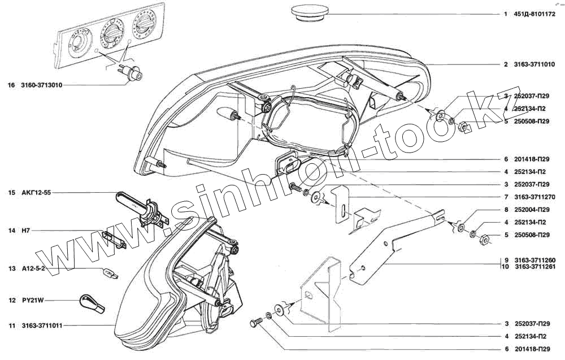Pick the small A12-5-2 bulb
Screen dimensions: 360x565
(108, 274)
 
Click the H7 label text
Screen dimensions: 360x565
(25, 231)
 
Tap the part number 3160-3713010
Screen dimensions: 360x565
(42, 85)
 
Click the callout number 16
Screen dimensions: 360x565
(11, 85)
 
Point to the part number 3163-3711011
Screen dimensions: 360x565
(42, 326)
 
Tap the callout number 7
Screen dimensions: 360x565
(506, 197)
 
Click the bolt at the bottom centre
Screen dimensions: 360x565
(254, 324)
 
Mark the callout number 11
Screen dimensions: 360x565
(11, 326)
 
